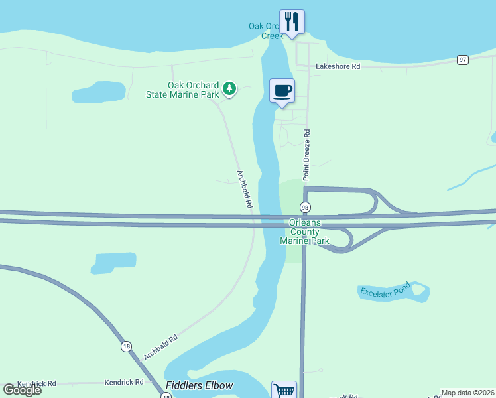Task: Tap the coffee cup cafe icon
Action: click(282, 90)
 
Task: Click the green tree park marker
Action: click(229, 88)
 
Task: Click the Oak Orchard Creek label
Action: click(267, 31)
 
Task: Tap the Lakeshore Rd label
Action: click(338, 66)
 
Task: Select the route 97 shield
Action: click(463, 60)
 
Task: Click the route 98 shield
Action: click(305, 208)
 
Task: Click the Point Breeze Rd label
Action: click(306, 155)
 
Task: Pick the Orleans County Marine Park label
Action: click(304, 232)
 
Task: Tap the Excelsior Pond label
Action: click(385, 291)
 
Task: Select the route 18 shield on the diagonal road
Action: click(126, 346)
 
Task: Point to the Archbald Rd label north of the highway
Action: click(244, 190)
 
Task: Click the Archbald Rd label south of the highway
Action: click(160, 347)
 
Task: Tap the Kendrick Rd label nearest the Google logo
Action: click(36, 383)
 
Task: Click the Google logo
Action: click(22, 390)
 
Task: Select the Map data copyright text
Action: click(468, 393)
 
